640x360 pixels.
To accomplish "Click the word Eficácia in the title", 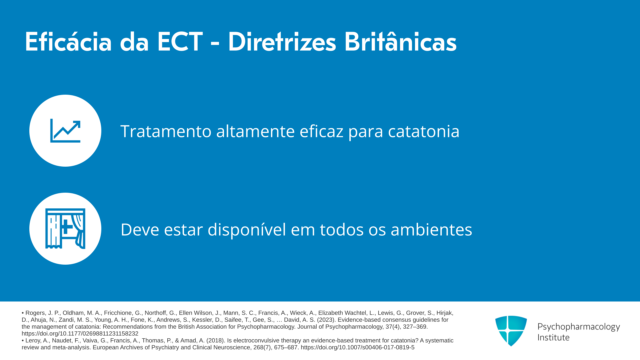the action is pyautogui.click(x=68, y=42).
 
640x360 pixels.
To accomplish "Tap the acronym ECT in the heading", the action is pyautogui.click(x=180, y=42).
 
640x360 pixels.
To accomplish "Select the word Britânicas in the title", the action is pyautogui.click(x=400, y=42).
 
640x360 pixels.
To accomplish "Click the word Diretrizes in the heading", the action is pyautogui.click(x=282, y=42).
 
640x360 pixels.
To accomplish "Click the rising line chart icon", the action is pyautogui.click(x=65, y=131).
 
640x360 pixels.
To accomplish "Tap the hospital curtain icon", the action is pyautogui.click(x=65, y=229).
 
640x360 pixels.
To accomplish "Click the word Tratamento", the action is pyautogui.click(x=166, y=131).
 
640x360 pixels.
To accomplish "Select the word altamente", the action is pyautogui.click(x=255, y=131).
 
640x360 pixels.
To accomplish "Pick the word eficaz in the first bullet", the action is pyautogui.click(x=321, y=131).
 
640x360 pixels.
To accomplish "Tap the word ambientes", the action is pyautogui.click(x=431, y=230).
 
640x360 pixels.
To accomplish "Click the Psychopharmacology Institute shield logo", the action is pyautogui.click(x=511, y=331).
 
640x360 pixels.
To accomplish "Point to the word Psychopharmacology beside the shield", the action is pyautogui.click(x=579, y=327).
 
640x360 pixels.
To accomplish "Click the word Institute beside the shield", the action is pyautogui.click(x=553, y=338).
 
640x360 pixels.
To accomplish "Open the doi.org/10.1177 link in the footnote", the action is pyautogui.click(x=80, y=334).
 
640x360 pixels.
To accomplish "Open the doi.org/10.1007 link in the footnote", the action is pyautogui.click(x=358, y=347).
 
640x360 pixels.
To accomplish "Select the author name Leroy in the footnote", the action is pyautogui.click(x=33, y=341).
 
